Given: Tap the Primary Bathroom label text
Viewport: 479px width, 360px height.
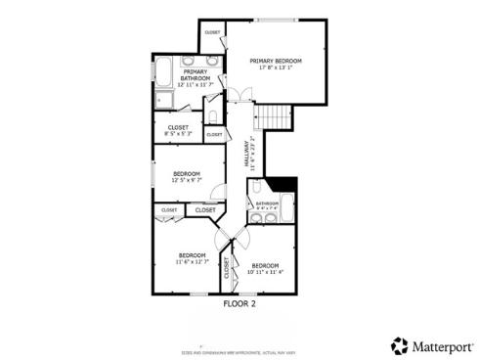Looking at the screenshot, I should (195, 74).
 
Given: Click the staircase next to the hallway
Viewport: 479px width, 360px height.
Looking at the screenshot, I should (275, 117).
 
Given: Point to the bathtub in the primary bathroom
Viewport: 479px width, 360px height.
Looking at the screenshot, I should (163, 71).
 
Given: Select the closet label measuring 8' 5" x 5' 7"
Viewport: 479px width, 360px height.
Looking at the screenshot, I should (178, 127).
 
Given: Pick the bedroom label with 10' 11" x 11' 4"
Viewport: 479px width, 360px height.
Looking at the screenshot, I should (265, 266).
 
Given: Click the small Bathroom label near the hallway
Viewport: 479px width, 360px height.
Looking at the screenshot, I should (267, 203).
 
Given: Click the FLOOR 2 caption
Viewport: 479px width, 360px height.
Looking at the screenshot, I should (239, 304).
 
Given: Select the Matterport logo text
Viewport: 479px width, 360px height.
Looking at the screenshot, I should (439, 345).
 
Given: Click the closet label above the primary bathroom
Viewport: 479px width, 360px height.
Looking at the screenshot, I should (212, 33).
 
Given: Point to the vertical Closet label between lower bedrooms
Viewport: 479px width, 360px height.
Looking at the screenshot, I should (228, 268).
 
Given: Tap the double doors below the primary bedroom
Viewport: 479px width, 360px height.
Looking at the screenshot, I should (240, 94).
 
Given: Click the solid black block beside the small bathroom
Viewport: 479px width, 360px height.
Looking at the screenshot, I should (284, 184).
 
